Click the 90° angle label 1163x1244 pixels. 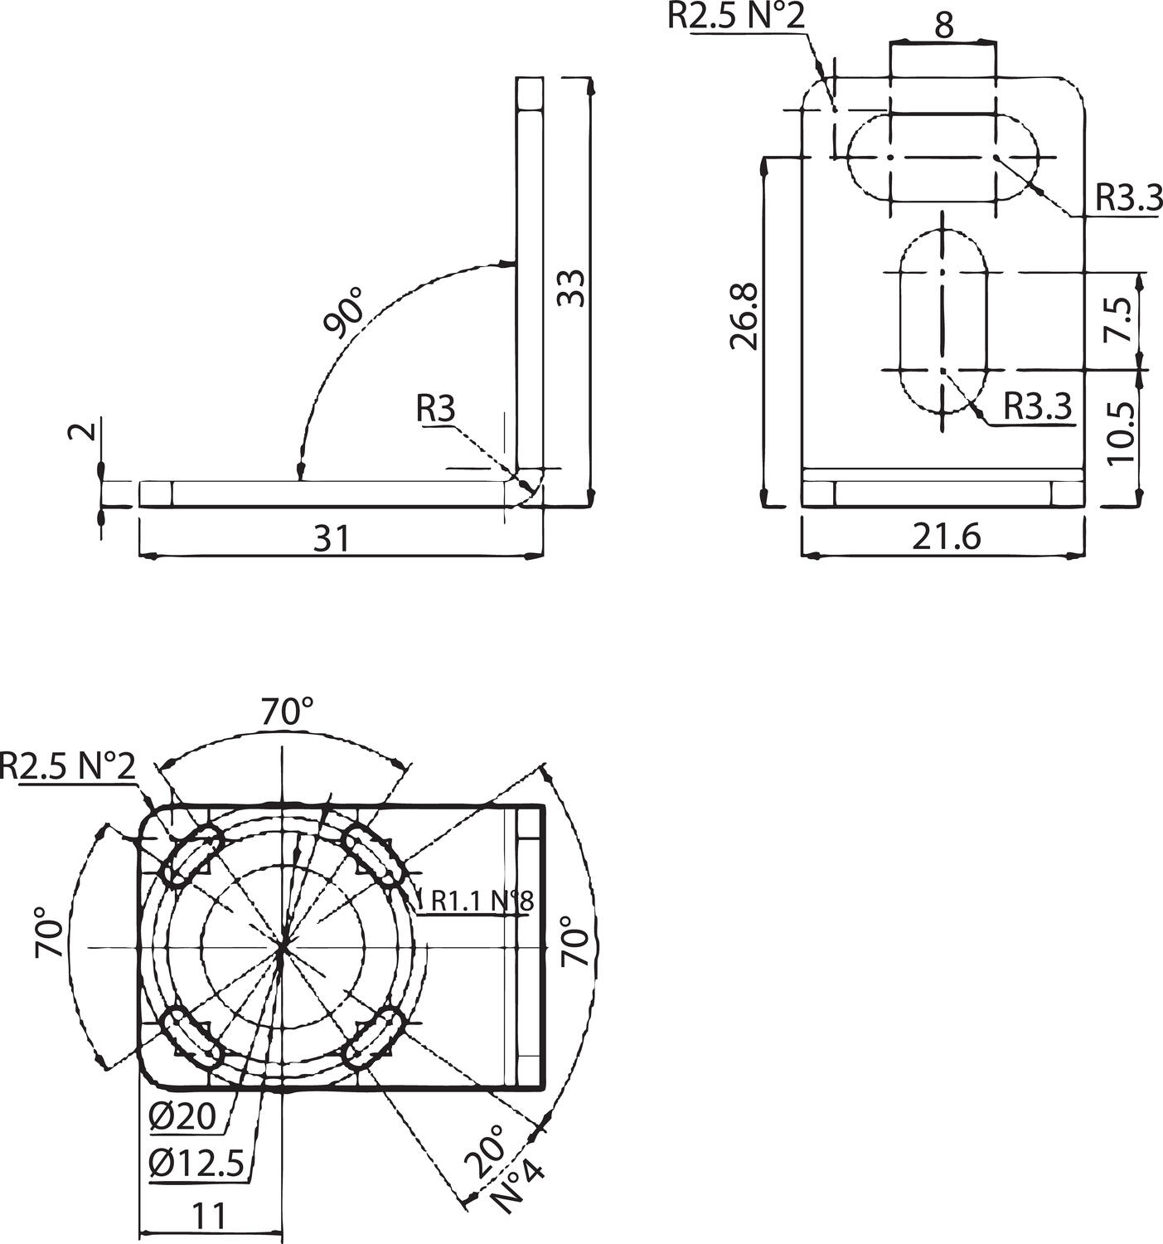tap(346, 313)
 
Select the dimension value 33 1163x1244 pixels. tap(571, 288)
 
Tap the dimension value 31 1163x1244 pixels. tap(332, 539)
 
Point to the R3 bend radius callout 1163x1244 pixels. tap(436, 409)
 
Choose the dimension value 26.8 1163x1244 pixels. tap(744, 316)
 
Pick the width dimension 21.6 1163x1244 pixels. tap(946, 537)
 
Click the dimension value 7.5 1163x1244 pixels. tap(1121, 319)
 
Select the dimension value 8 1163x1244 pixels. tap(943, 25)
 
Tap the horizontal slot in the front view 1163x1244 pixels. tap(943, 158)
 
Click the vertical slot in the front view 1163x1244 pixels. tap(943, 322)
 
